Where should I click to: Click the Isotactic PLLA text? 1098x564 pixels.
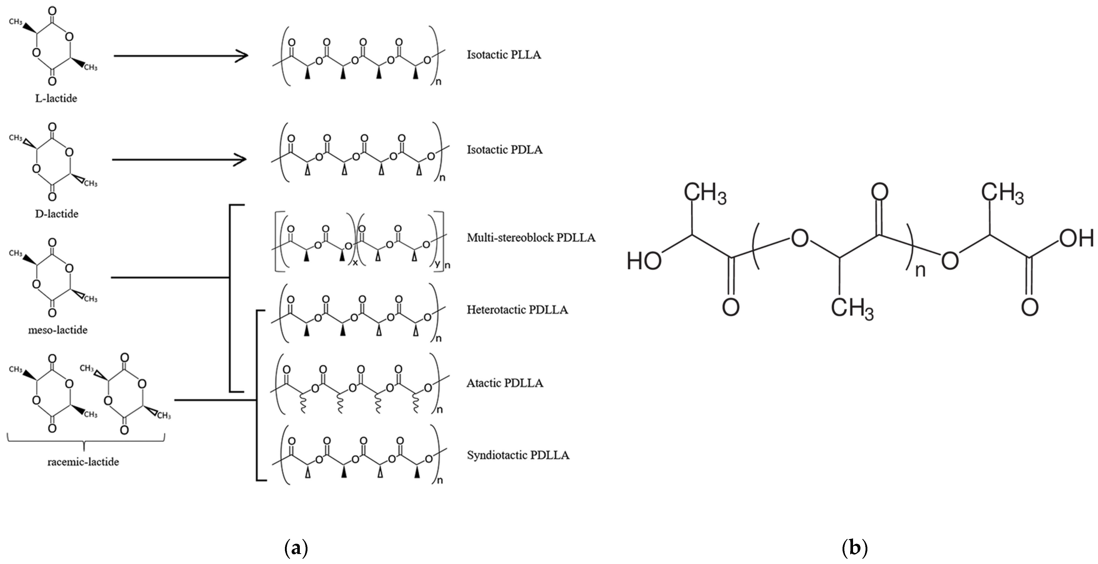pyautogui.click(x=504, y=55)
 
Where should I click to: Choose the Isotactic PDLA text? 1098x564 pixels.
pyautogui.click(x=505, y=150)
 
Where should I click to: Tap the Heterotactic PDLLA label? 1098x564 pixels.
pyautogui.click(x=517, y=310)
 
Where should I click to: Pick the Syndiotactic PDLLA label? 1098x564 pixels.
pyautogui.click(x=518, y=455)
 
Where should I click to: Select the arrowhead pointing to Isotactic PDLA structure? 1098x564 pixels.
pyautogui.click(x=241, y=160)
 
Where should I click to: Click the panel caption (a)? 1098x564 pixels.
pyautogui.click(x=296, y=548)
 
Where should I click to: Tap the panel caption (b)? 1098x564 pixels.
pyautogui.click(x=855, y=548)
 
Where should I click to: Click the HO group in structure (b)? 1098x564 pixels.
pyautogui.click(x=644, y=261)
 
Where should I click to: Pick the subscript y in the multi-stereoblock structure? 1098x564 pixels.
pyautogui.click(x=437, y=264)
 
